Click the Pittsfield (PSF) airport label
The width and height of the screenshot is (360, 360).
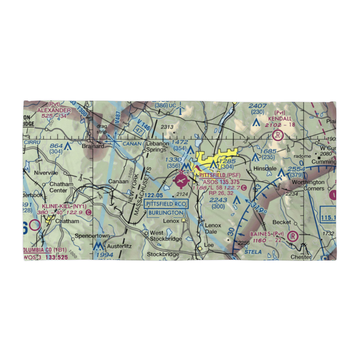click(220, 175)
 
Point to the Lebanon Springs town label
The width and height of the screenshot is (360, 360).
click(157, 147)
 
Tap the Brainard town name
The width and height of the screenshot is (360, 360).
click(93, 147)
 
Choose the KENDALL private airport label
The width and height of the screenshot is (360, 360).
click(280, 118)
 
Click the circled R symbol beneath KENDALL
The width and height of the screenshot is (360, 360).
click(278, 136)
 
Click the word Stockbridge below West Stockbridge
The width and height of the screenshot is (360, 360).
click(163, 254)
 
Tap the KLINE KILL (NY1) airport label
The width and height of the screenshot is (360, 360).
click(64, 206)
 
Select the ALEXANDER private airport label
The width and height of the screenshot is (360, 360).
click(54, 110)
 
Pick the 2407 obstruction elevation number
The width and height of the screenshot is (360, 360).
click(258, 106)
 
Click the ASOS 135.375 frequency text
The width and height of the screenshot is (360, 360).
click(220, 181)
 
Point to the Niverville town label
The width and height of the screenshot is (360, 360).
click(46, 173)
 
